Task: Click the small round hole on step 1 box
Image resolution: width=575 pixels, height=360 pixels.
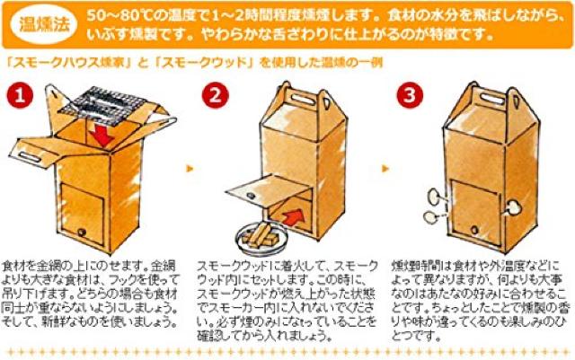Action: pos(83,233)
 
